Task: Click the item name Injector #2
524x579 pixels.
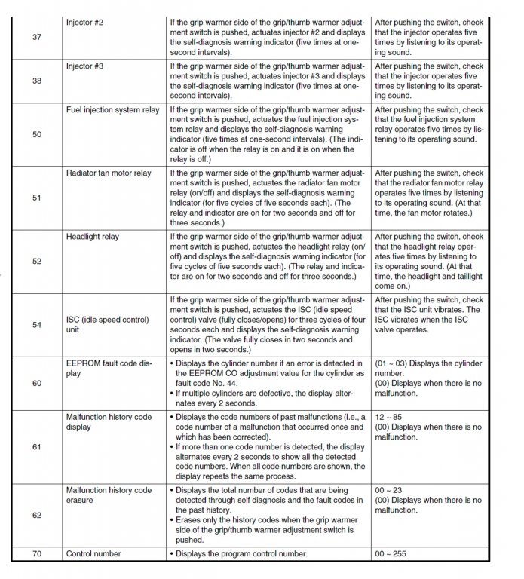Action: (x=84, y=23)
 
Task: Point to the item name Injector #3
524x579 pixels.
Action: (x=84, y=66)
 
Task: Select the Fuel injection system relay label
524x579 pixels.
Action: (x=113, y=110)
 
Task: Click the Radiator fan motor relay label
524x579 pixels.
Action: (x=109, y=173)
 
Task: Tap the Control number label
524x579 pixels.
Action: (x=93, y=554)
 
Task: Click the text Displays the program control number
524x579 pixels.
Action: (x=242, y=554)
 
